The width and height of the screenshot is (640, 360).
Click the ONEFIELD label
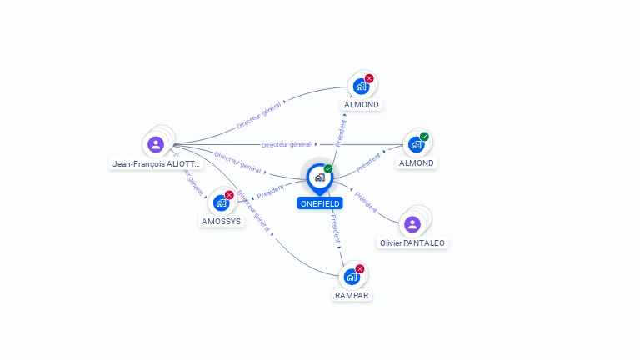[319, 203]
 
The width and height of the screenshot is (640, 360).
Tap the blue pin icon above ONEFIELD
[319, 177]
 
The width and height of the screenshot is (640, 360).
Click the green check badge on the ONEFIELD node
[328, 169]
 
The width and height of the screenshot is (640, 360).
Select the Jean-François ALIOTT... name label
[157, 164]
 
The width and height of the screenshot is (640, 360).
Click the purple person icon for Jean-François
[155, 144]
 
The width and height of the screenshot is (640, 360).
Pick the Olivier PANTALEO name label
[412, 242]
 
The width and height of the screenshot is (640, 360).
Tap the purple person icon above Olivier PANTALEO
[412, 223]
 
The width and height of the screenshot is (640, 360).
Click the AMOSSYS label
[221, 222]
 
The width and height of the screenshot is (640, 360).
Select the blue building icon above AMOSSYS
[221, 202]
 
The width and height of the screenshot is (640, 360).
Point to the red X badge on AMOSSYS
[229, 195]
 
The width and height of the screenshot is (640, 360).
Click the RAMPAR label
[352, 295]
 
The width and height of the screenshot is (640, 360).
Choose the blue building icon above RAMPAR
[352, 277]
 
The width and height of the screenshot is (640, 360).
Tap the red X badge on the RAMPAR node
[360, 269]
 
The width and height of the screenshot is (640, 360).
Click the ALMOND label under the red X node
[362, 105]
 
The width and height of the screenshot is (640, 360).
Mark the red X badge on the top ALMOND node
[369, 79]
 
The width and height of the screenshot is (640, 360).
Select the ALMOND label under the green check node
[416, 163]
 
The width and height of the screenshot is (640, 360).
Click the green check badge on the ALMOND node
[424, 137]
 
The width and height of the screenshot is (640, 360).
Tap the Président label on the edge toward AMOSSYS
[271, 192]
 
